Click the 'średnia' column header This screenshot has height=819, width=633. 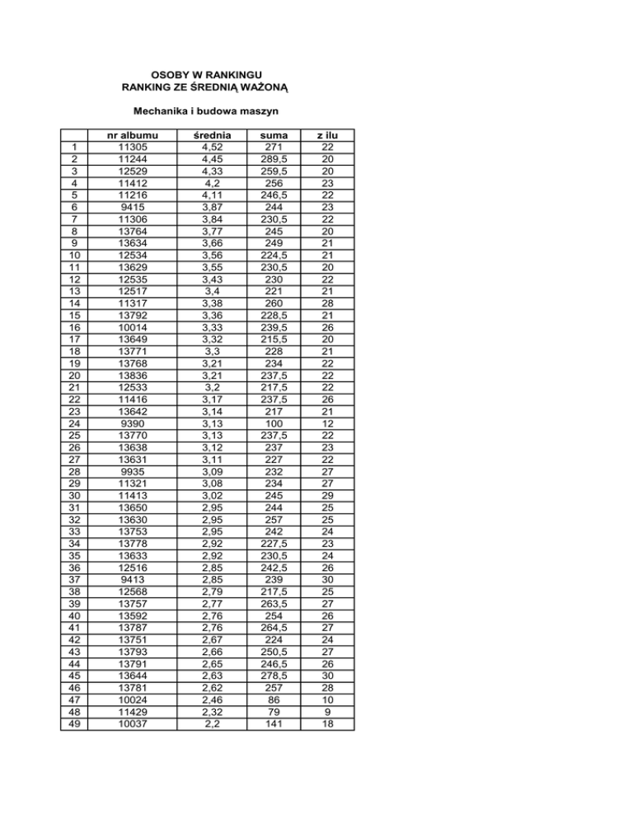[x=212, y=135]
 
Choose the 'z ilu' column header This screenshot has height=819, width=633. [x=327, y=135]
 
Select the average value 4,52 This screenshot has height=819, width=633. [x=212, y=147]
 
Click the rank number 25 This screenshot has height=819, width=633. [x=75, y=433]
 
